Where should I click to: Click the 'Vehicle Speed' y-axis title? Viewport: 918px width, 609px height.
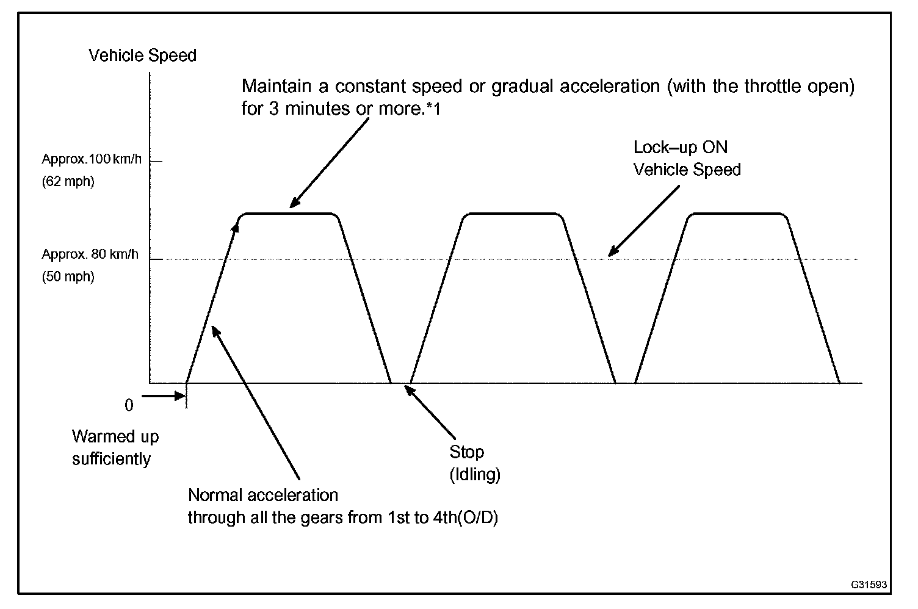coord(142,56)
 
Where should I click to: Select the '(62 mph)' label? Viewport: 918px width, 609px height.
coord(68,182)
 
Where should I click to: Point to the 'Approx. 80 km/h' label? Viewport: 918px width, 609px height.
coord(90,254)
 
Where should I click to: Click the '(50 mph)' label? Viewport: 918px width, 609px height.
coord(68,277)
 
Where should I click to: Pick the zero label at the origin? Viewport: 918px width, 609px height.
coord(129,406)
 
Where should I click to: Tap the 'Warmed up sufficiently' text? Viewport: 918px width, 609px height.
coord(115,447)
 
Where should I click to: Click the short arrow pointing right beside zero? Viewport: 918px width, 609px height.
coord(163,395)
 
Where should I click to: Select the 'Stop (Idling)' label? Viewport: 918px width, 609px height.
coord(474,463)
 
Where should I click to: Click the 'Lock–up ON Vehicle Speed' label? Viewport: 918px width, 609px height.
coord(687,158)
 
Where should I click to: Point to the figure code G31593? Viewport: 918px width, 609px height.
coord(869,585)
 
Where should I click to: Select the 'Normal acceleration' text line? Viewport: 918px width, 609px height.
coord(263,495)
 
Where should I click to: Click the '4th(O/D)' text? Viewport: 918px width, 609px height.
coord(464,518)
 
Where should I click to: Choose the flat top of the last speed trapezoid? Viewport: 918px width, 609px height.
coord(736,214)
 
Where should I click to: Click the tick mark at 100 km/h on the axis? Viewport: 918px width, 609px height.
coord(156,162)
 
